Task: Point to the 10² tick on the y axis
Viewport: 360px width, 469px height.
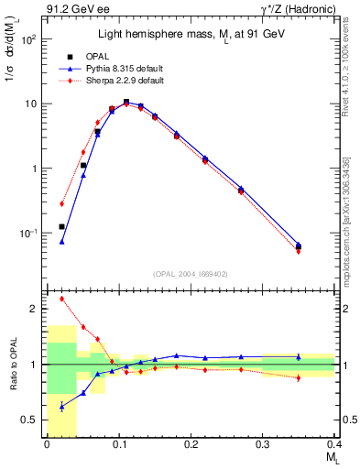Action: pyautogui.click(x=29, y=40)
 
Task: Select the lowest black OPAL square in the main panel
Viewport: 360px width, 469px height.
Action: pyautogui.click(x=62, y=226)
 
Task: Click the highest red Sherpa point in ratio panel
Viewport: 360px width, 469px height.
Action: pyautogui.click(x=62, y=299)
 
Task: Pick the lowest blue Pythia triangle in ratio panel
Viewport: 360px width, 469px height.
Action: pyautogui.click(x=62, y=406)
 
